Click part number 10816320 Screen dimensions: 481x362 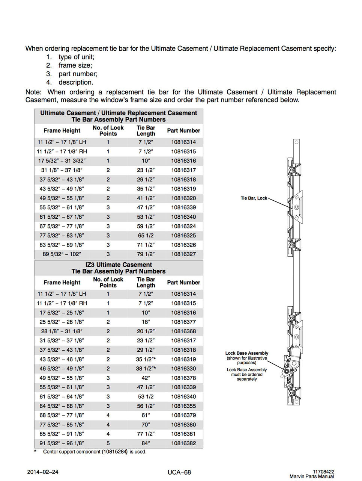coord(183,198)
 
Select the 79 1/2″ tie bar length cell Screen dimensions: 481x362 coord(146,254)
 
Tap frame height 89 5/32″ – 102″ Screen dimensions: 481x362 coord(62,254)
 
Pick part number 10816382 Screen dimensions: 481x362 coord(183,443)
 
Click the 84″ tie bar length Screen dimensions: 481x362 coord(146,443)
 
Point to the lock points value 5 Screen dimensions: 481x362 coord(108,443)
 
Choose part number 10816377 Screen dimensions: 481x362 coord(183,322)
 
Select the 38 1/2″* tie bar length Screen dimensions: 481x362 coord(146,369)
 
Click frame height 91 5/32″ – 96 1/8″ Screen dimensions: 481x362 coord(62,443)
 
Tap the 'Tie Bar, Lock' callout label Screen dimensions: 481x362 coord(254,198)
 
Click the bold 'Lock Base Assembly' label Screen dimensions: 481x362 coord(247,353)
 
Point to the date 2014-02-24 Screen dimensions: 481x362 coord(43,472)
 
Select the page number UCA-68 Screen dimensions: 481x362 coord(179,472)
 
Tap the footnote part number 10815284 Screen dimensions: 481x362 coord(115,452)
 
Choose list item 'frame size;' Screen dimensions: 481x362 coord(75,65)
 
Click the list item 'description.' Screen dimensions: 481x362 coord(76,82)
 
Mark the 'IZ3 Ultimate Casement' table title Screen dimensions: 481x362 coord(119,265)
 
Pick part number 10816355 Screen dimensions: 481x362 coord(183,406)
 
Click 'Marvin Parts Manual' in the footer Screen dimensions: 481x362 coord(311,476)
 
